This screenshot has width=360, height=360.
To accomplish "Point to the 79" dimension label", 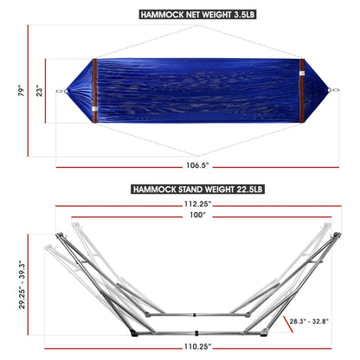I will pos(11,91).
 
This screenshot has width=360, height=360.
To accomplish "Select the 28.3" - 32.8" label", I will pos(309,321).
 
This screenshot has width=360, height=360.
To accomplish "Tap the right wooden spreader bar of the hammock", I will pos(299,90).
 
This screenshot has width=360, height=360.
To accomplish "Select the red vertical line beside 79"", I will pos(29,91).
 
